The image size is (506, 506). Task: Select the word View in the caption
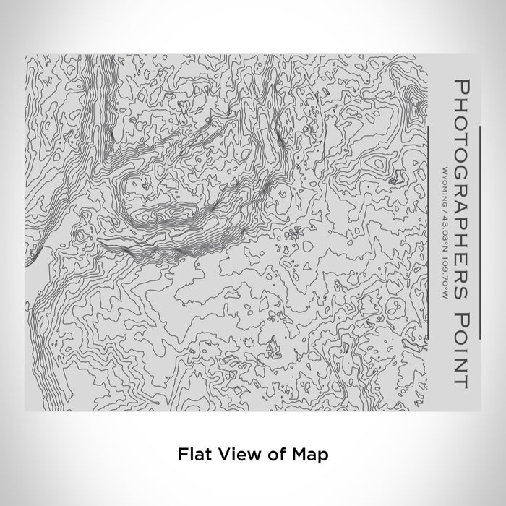(x=228, y=455)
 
